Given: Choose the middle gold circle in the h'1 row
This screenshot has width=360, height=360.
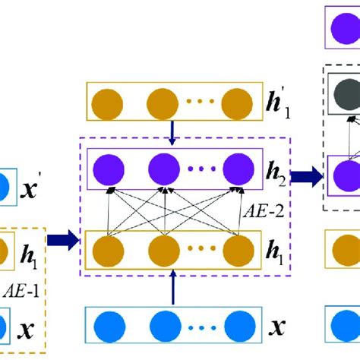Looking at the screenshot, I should (x=162, y=101).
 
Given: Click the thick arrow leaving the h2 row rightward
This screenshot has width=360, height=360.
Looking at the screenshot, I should (x=305, y=176).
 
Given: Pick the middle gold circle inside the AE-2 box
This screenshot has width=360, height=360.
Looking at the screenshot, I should (x=162, y=248).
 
